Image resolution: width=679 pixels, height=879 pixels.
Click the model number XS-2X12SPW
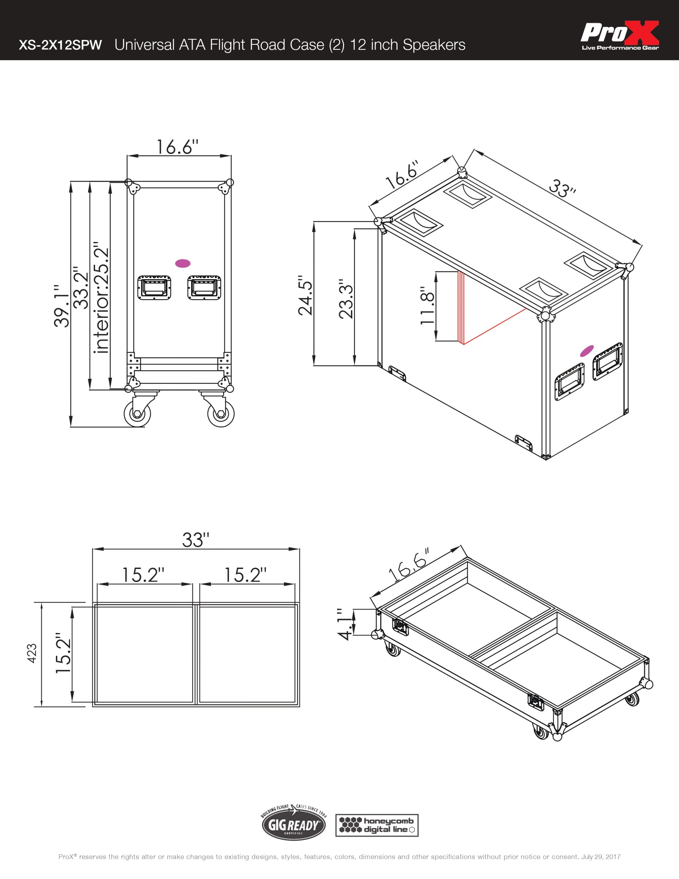coord(60,45)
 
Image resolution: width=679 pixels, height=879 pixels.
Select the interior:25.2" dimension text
coord(101,297)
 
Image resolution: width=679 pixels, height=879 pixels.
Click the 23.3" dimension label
coord(346,298)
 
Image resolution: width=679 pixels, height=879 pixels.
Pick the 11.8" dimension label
coord(428,306)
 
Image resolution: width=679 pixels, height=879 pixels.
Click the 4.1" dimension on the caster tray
coord(345,624)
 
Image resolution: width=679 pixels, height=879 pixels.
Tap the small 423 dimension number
coord(32,654)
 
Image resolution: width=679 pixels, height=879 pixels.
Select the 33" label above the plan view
coord(196,540)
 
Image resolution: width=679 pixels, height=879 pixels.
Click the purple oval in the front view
coord(183,263)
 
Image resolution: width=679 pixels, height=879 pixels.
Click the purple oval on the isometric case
coord(587,351)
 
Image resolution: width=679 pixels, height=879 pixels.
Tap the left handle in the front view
coord(154,287)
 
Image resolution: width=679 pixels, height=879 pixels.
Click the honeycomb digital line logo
coord(377,825)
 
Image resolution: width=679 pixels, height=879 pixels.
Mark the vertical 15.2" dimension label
coord(63,653)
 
